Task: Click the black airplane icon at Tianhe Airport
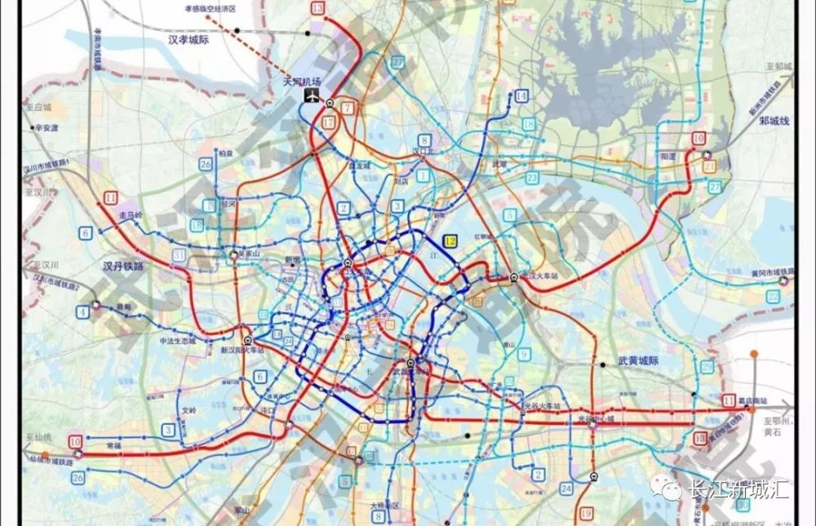[311, 97]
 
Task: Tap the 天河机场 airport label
[302, 82]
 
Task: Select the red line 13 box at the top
[317, 8]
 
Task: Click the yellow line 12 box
[450, 241]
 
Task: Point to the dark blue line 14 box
[521, 96]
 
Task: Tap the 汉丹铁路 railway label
[123, 266]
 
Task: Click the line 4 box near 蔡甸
[83, 312]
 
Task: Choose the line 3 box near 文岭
[168, 429]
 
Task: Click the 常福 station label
[115, 447]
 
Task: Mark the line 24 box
[565, 488]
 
